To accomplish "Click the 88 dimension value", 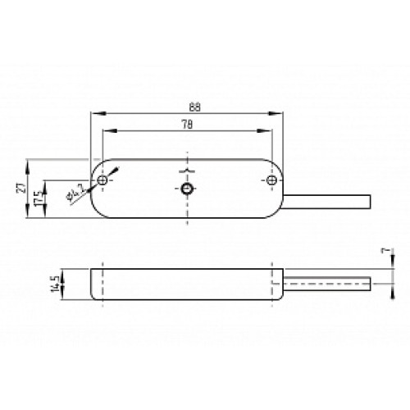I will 194,107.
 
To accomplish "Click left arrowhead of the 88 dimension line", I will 94,114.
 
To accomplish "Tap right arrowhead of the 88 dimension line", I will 280,114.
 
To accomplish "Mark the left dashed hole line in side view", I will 102,283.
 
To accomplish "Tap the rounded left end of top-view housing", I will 91,189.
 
